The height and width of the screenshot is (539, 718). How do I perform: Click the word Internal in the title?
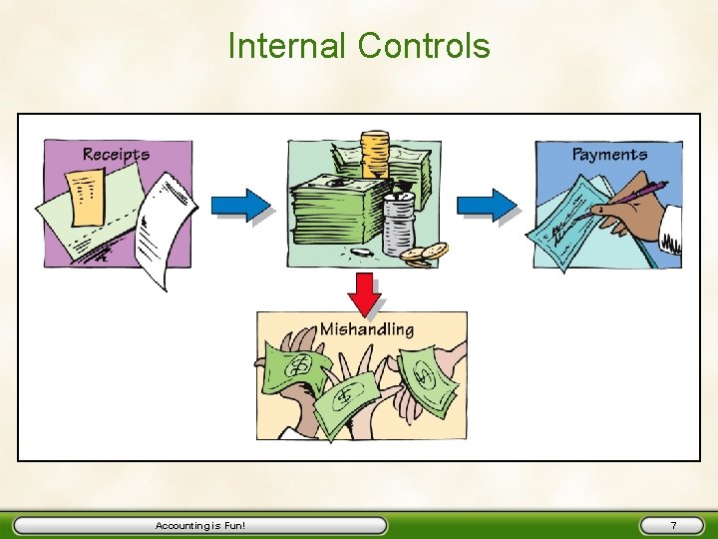(x=288, y=46)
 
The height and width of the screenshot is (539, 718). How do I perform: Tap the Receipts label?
(x=116, y=155)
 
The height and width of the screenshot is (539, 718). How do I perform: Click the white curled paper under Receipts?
(x=165, y=230)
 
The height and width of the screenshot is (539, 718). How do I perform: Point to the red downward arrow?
(x=367, y=291)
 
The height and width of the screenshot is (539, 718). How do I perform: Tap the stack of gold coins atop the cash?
(x=375, y=155)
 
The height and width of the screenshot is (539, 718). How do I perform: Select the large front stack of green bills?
(x=335, y=225)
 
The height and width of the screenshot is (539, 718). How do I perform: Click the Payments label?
(x=609, y=155)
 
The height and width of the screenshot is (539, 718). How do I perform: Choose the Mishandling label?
(x=366, y=328)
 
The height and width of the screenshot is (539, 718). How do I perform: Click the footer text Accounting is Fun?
(x=199, y=525)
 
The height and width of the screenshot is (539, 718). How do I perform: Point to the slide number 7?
(x=673, y=525)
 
